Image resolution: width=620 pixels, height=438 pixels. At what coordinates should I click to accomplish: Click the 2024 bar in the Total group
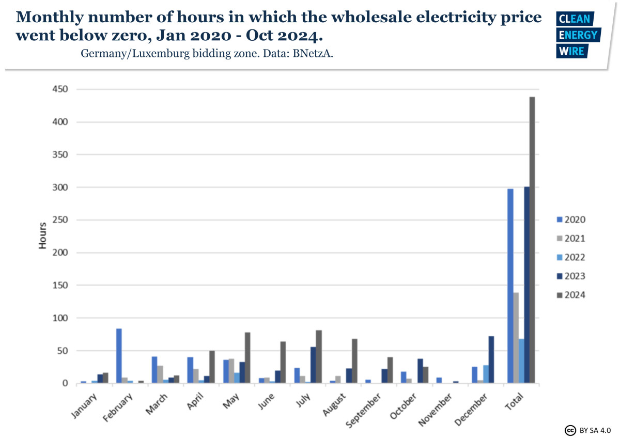(x=532, y=240)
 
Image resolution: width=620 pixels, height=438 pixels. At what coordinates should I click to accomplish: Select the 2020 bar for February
(x=119, y=356)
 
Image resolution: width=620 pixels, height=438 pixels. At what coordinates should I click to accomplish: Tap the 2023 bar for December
(x=491, y=359)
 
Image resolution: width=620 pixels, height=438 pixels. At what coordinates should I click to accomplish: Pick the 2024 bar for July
(x=319, y=356)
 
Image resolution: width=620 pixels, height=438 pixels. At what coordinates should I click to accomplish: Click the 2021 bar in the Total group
(x=516, y=338)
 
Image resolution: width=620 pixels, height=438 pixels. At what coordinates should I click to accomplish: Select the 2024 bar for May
(x=247, y=357)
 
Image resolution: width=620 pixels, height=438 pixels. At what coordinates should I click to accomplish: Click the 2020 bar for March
(x=154, y=370)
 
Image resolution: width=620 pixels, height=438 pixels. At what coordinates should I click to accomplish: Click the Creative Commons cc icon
(x=570, y=430)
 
